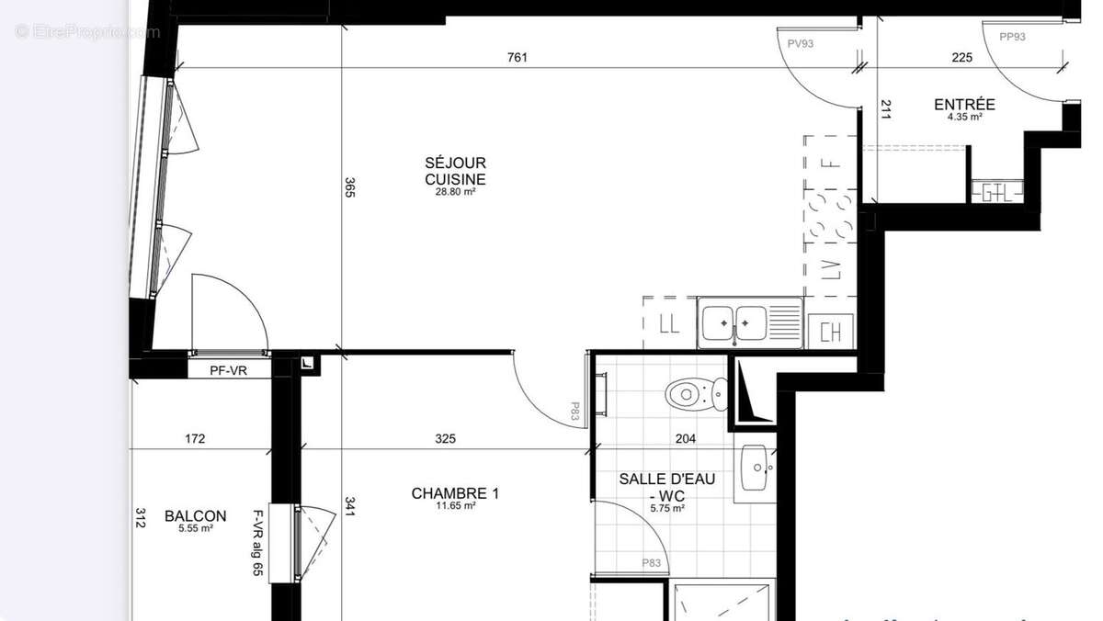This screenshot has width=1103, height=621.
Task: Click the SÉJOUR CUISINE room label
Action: pyautogui.click(x=455, y=171)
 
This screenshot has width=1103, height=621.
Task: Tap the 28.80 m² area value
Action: pyautogui.click(x=455, y=192)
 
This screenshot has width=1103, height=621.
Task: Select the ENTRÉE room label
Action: pyautogui.click(x=964, y=105)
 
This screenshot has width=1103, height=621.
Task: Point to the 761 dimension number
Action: pyautogui.click(x=517, y=57)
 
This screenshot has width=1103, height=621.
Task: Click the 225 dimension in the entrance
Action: pyautogui.click(x=961, y=57)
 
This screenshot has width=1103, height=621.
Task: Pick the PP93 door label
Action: pyautogui.click(x=1012, y=37)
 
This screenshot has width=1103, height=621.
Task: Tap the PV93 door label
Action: pyautogui.click(x=800, y=43)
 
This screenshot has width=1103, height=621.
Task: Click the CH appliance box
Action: pyautogui.click(x=830, y=332)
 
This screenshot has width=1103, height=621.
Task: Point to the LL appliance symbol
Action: pyautogui.click(x=669, y=323)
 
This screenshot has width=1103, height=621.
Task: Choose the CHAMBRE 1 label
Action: pyautogui.click(x=455, y=493)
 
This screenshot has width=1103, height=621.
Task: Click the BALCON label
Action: pyautogui.click(x=195, y=516)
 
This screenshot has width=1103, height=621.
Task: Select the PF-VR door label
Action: pyautogui.click(x=228, y=370)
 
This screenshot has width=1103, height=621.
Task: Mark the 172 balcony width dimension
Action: pyautogui.click(x=195, y=439)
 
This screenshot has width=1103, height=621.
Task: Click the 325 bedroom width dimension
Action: pyautogui.click(x=445, y=439)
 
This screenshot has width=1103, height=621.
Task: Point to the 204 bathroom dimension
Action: pyautogui.click(x=685, y=439)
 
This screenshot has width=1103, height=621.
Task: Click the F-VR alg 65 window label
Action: pyautogui.click(x=258, y=542)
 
